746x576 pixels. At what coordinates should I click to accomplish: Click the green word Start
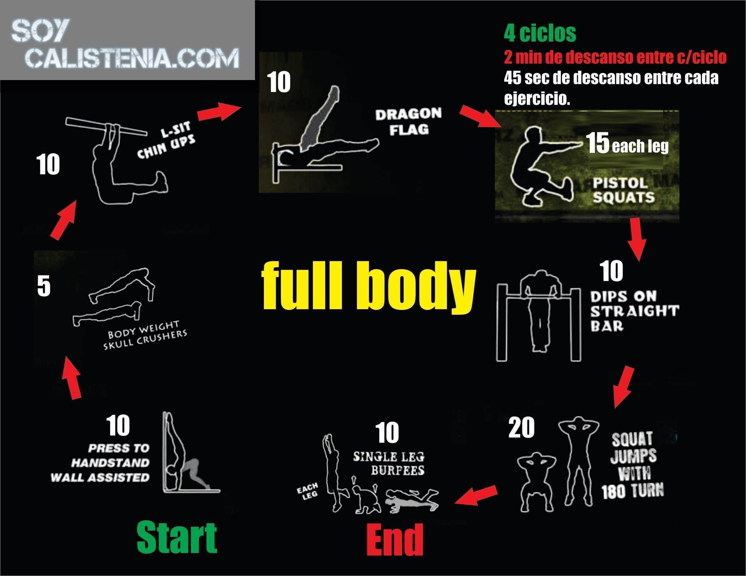(177, 538)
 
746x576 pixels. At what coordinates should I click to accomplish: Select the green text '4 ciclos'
(540, 33)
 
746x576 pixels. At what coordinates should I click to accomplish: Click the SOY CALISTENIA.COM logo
(126, 44)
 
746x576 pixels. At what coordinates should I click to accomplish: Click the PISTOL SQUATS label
(624, 190)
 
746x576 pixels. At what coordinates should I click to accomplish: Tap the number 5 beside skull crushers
(44, 286)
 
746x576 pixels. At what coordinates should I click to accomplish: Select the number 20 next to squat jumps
(522, 428)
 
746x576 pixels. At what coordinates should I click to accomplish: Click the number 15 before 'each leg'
(598, 143)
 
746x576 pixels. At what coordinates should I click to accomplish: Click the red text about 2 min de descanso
(615, 57)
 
